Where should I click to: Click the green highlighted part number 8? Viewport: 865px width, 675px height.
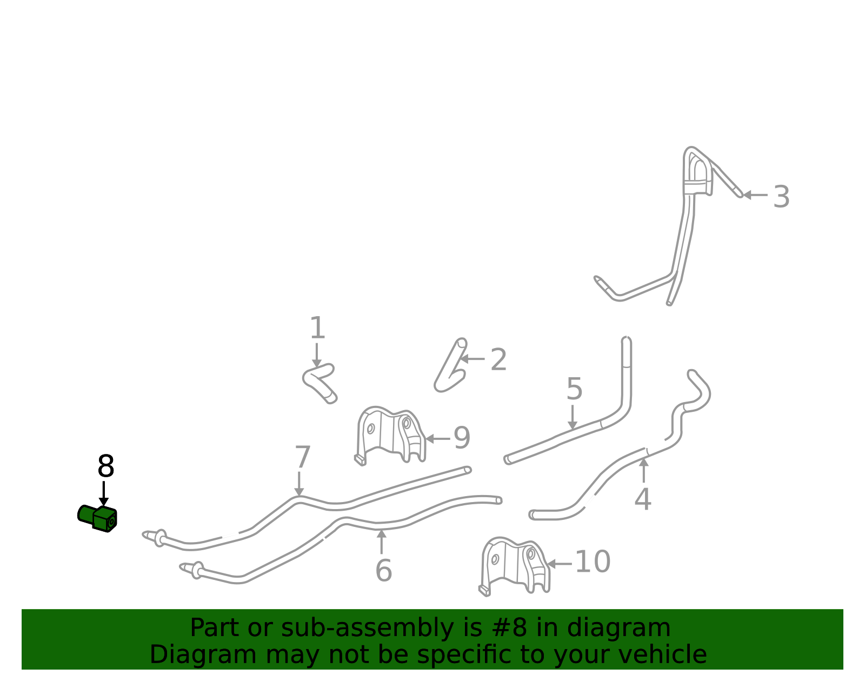[97, 518]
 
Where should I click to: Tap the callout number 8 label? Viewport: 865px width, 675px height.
[106, 466]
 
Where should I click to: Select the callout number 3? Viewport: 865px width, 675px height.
[781, 197]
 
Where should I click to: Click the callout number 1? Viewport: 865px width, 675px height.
[317, 328]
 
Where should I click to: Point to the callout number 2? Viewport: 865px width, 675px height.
[499, 359]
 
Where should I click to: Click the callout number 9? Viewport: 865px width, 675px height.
[462, 438]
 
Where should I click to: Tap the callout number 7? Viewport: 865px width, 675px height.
[303, 457]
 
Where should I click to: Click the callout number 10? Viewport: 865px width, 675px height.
[593, 562]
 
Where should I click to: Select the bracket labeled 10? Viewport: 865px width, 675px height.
[514, 566]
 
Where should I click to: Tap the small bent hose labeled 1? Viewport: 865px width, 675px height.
[320, 382]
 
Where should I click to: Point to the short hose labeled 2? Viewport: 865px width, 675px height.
[451, 365]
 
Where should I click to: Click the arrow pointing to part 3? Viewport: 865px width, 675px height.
[755, 195]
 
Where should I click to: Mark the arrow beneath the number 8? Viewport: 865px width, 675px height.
[103, 493]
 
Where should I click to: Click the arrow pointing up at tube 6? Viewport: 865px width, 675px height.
[381, 542]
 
